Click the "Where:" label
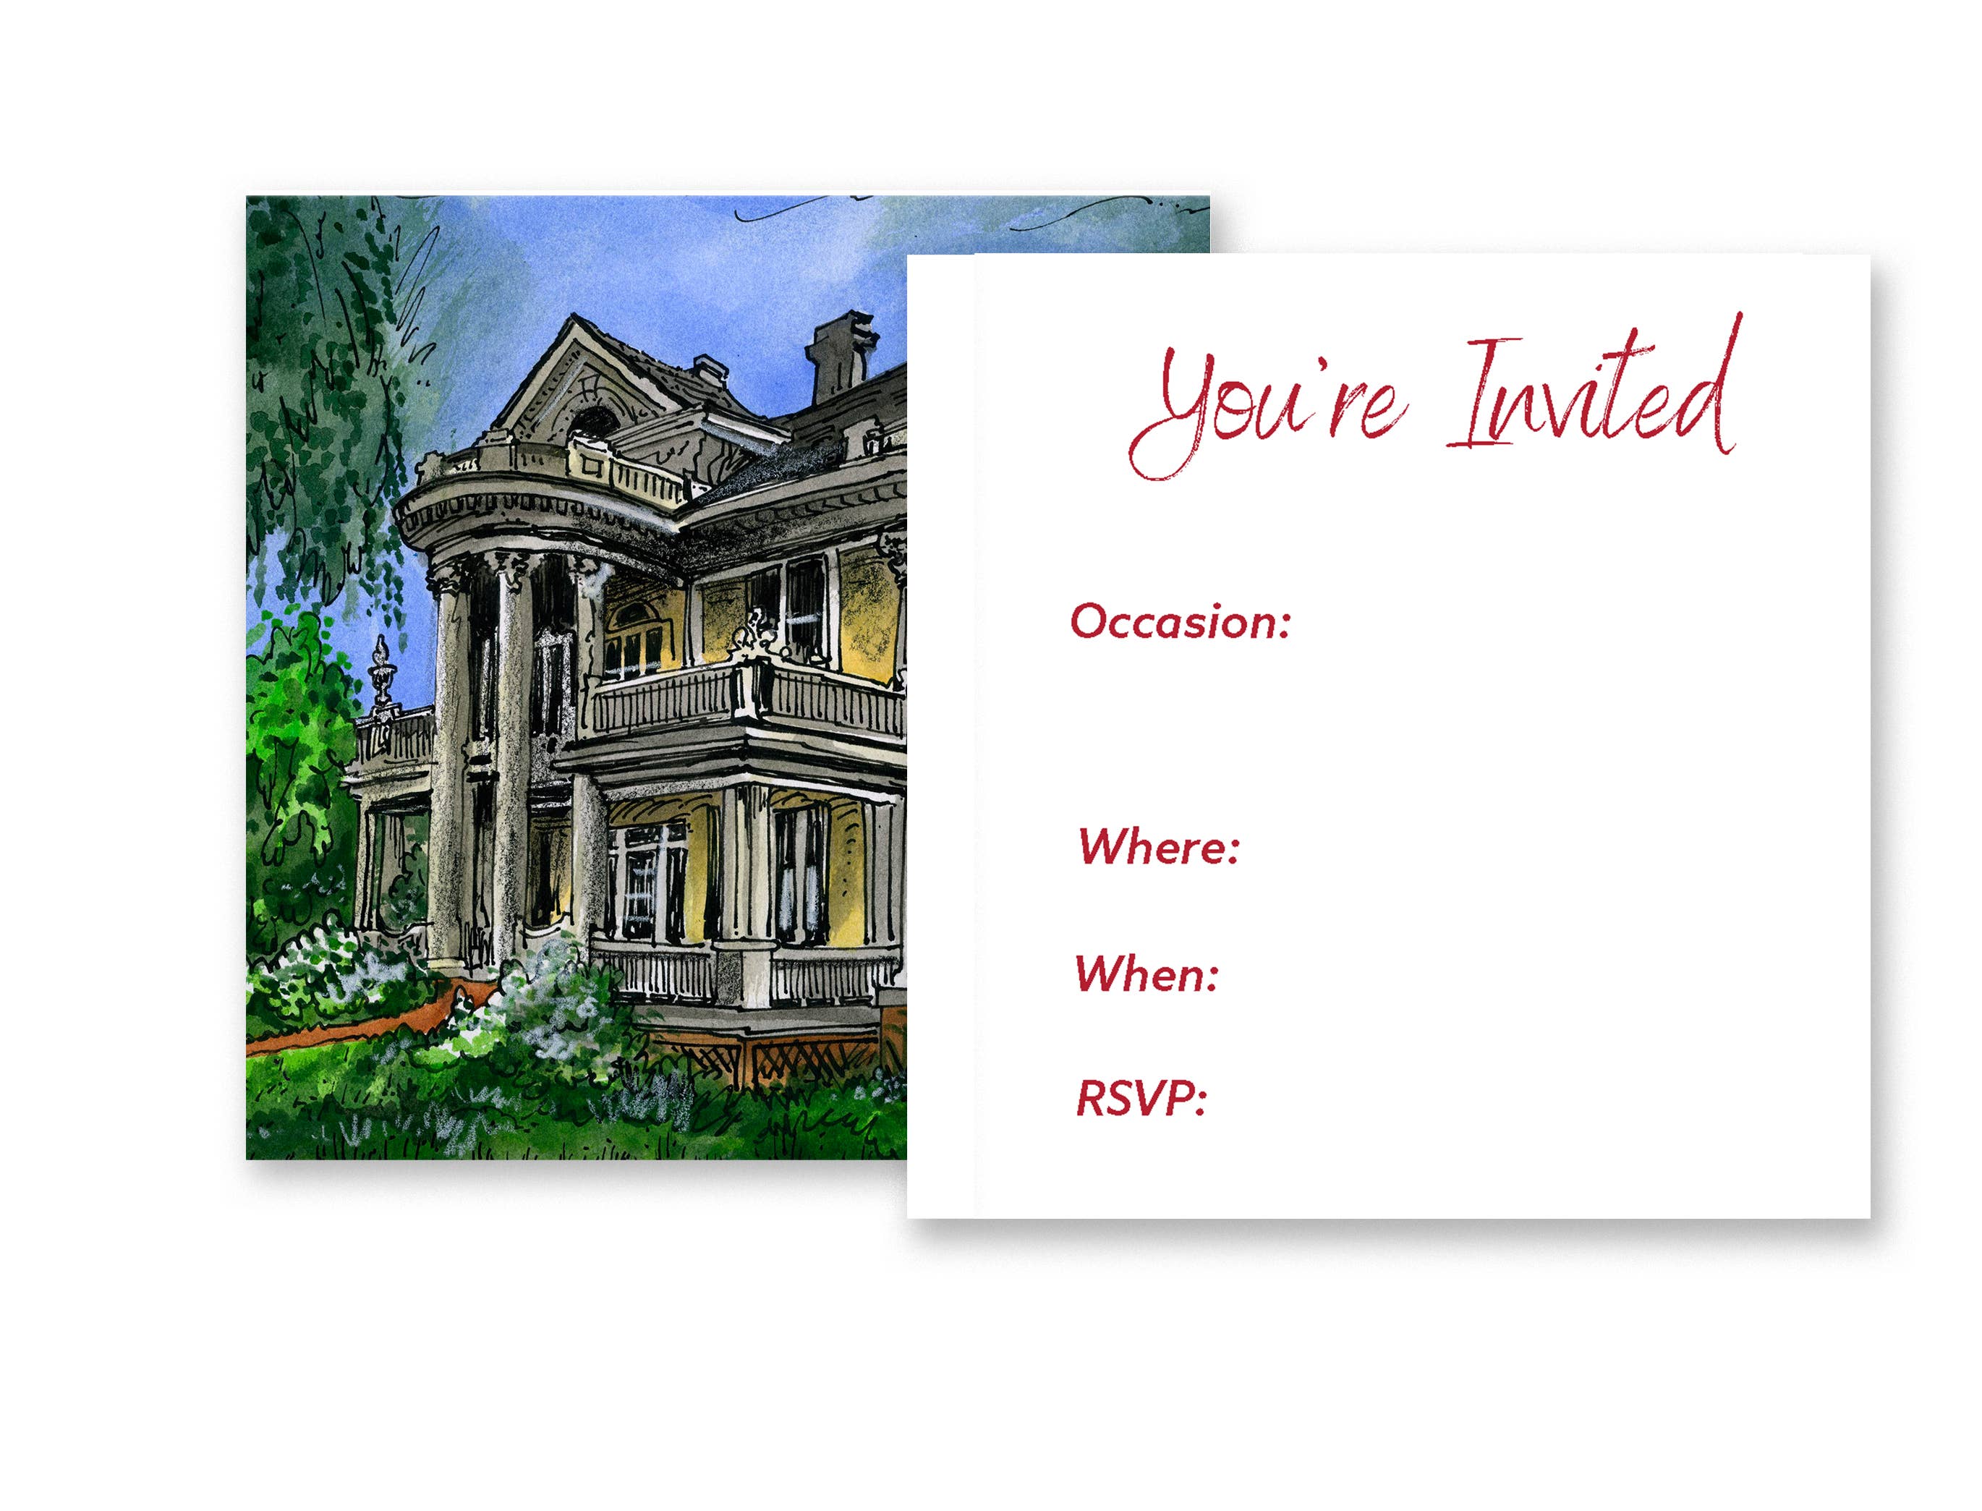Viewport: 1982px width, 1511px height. coord(1158,846)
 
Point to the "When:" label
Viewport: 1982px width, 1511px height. coord(1147,973)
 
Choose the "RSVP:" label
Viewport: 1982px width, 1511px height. coord(1140,1098)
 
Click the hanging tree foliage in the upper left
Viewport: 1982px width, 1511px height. coord(333,378)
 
